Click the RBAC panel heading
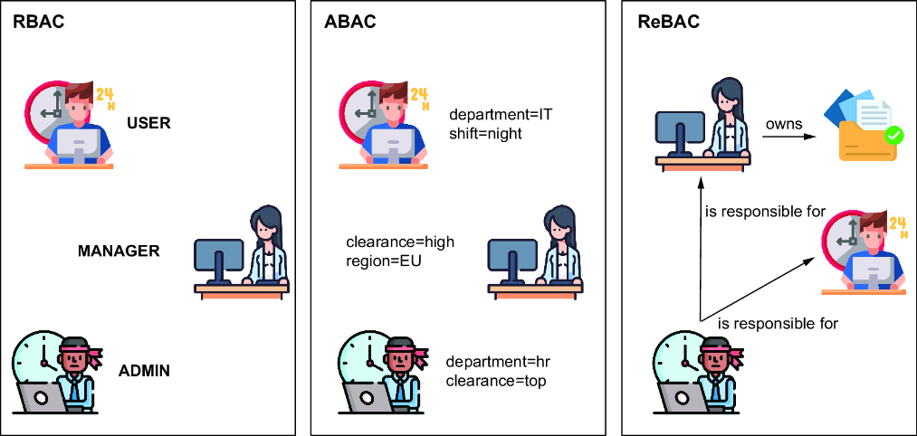[x=39, y=23]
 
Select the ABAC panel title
[x=349, y=23]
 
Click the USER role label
[x=148, y=123]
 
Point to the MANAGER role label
[x=119, y=251]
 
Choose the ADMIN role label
[x=144, y=370]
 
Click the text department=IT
[x=501, y=116]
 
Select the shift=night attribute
[x=485, y=134]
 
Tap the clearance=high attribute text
[x=400, y=242]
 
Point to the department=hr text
[x=498, y=362]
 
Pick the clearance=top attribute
[x=495, y=381]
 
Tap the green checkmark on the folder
[x=893, y=137]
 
